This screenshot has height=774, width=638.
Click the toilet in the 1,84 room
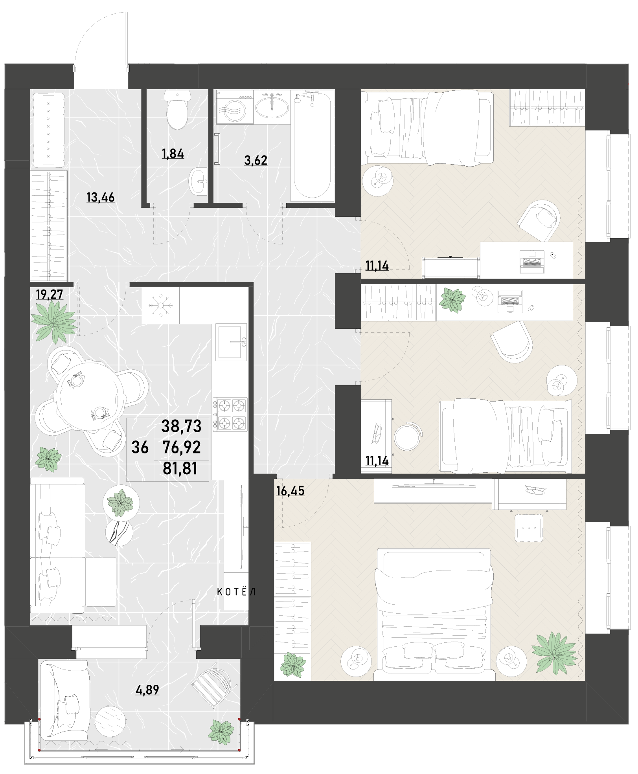pos(177,110)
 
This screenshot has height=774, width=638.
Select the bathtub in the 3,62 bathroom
pos(313,145)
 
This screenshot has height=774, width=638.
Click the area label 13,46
pos(101,197)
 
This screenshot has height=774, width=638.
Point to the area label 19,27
pos(50,294)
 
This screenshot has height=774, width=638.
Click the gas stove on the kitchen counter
pos(230,415)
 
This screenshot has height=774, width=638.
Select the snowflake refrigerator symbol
pos(160,305)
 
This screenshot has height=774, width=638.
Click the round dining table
pos(90,396)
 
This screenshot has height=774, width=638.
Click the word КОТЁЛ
pos(237,592)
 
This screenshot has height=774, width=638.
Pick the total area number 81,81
pos(180,469)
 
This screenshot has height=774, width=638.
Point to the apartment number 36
pos(140,448)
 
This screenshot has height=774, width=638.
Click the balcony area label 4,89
pos(147,690)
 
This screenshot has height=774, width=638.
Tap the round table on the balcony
pos(110,724)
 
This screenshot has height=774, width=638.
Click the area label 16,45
pos(290,491)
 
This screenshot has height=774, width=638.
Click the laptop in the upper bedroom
pos(532,262)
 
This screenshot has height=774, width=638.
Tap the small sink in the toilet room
pos(198,181)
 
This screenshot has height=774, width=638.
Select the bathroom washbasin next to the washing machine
pos(272,106)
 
